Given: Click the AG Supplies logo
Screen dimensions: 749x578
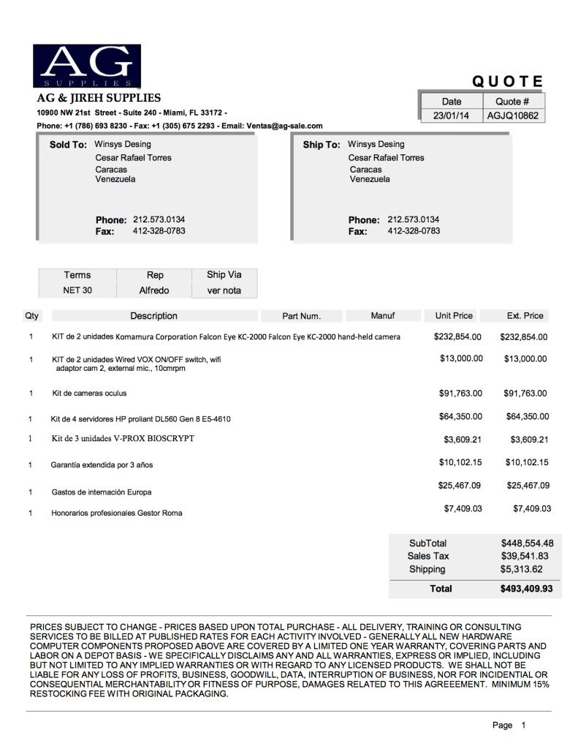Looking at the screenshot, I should tap(87, 68).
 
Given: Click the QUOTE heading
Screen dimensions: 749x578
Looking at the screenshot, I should tap(507, 82).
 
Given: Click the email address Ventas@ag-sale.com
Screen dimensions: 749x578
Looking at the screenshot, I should tap(284, 126).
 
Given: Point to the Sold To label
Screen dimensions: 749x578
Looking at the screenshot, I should tap(68, 145).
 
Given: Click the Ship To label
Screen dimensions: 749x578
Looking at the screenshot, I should tap(322, 145).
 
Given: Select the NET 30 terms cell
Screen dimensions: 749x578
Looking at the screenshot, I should tap(77, 290).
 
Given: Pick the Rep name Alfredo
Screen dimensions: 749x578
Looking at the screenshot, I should tap(154, 290).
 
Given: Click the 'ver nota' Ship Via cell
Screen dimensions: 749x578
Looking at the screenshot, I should tap(224, 290).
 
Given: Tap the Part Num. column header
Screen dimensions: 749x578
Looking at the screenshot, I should tap(302, 317).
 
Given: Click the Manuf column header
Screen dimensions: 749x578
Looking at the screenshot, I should tap(382, 316).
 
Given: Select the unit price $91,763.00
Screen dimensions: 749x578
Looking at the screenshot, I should tap(460, 394).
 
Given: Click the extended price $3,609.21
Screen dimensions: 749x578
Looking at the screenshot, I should tap(528, 440).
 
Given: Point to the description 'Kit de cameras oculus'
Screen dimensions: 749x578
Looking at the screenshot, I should tap(89, 394).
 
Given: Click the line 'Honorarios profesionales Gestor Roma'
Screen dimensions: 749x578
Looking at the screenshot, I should tap(116, 513).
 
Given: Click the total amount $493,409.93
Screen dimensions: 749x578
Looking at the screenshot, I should tap(526, 588).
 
